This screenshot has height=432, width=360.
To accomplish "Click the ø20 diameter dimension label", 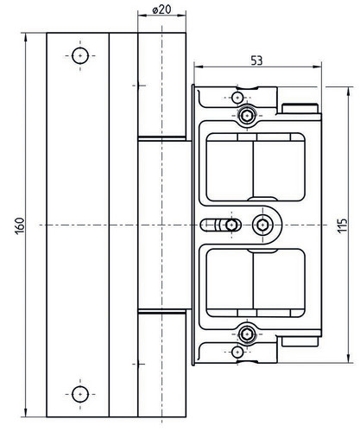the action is click(x=161, y=10).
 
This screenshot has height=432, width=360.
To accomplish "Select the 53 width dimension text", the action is click(x=256, y=60).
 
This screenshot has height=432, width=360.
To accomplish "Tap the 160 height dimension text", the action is click(x=20, y=226).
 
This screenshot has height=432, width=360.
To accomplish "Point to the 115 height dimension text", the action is click(x=343, y=226).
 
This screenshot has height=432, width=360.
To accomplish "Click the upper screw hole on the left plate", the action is click(x=80, y=55).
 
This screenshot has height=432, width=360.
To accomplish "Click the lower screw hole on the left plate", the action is click(x=80, y=394).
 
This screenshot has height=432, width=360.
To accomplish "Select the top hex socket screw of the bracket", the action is click(x=247, y=116).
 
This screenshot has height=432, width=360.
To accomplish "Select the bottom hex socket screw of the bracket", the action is click(x=247, y=334).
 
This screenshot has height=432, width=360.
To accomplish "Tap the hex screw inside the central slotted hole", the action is click(x=231, y=225).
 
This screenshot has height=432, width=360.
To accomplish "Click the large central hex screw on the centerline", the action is click(x=262, y=225).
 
